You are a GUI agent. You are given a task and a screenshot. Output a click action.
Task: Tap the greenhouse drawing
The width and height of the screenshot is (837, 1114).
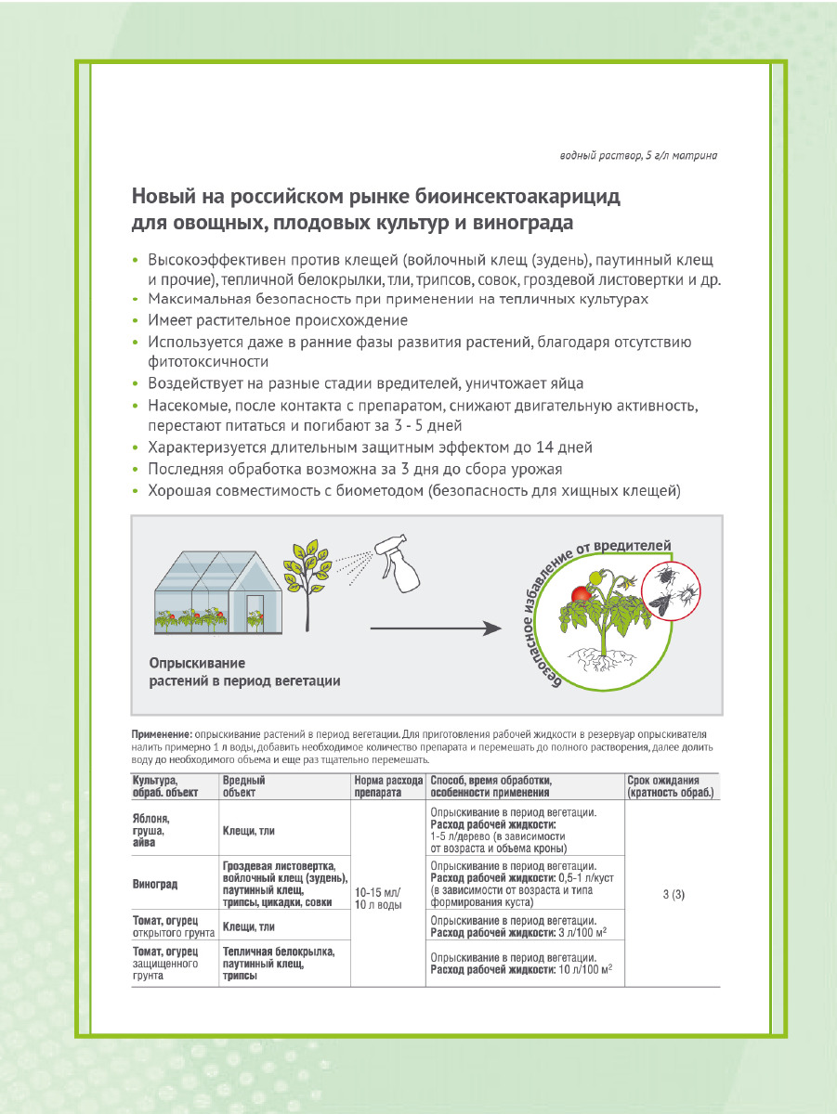tap(208, 593)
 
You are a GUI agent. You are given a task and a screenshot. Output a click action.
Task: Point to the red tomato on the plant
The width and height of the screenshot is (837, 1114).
tap(582, 596)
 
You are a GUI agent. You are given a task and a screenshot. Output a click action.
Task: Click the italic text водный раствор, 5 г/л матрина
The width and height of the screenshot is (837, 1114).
tap(638, 156)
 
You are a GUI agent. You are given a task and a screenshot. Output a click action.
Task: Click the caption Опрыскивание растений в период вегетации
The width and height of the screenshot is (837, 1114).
tap(244, 672)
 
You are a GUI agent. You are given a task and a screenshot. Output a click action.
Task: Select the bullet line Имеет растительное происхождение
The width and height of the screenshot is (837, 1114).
tap(277, 320)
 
